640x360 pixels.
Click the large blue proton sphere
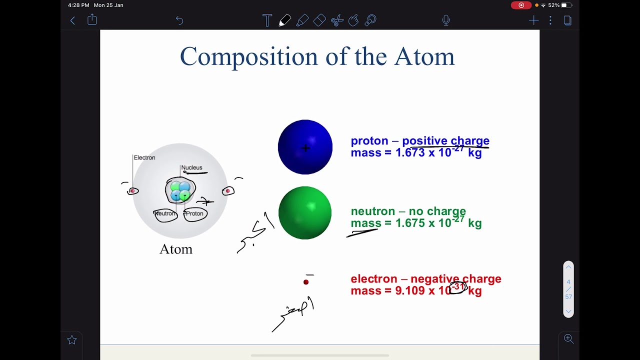click(x=305, y=147)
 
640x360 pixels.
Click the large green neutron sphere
click(x=305, y=213)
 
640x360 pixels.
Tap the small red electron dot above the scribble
click(x=306, y=282)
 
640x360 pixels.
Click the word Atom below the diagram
click(x=175, y=249)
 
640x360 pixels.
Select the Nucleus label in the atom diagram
click(x=191, y=167)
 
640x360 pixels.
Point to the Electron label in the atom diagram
click(x=144, y=157)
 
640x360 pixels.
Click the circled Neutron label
click(x=165, y=213)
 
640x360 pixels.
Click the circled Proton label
click(x=194, y=213)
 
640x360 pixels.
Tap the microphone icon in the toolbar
click(x=446, y=20)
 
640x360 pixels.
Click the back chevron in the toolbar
click(x=72, y=20)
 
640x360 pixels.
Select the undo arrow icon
click(x=179, y=20)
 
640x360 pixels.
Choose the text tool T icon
click(x=267, y=20)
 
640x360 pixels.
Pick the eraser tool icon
click(x=319, y=20)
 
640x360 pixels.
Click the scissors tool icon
click(x=337, y=20)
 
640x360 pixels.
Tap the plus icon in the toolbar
click(x=533, y=20)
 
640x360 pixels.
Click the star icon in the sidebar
click(x=72, y=340)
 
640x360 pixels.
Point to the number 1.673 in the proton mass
click(x=410, y=153)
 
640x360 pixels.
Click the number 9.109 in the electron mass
click(x=409, y=291)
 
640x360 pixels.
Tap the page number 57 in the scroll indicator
click(x=568, y=297)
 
